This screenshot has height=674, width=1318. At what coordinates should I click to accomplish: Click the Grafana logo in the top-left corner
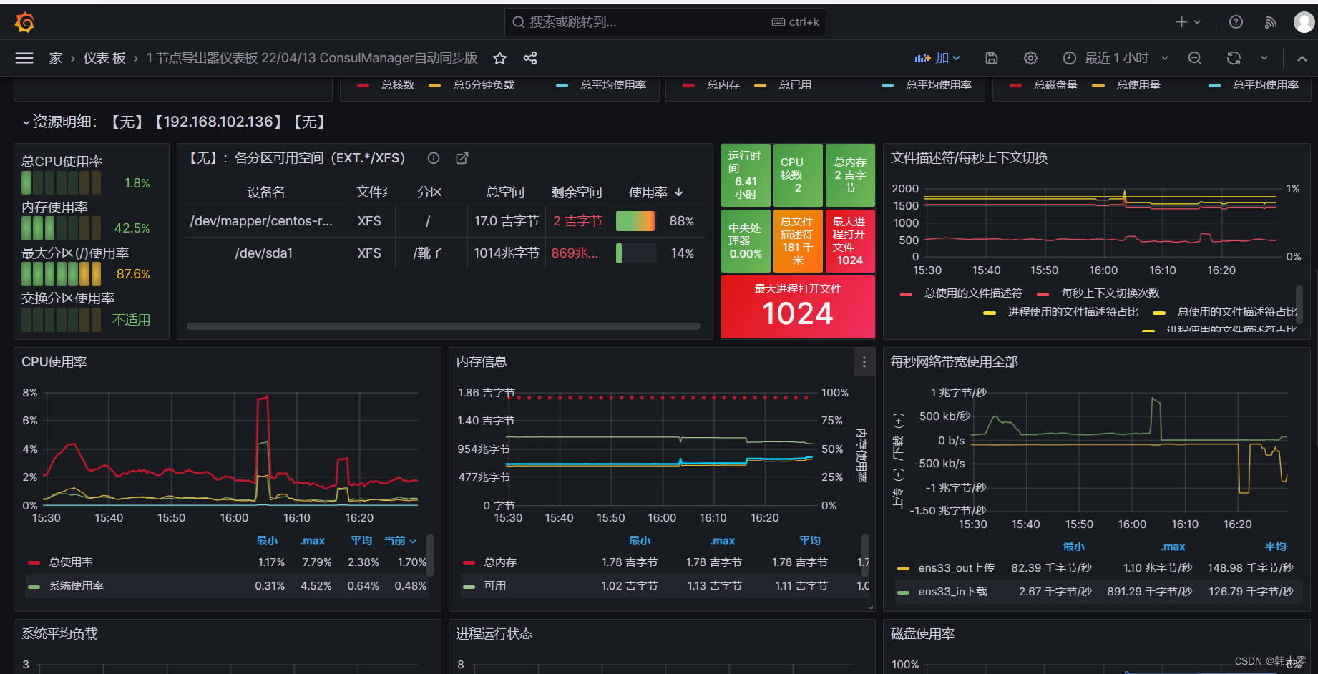click(x=24, y=22)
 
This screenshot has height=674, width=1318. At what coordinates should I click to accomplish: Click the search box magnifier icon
click(x=519, y=22)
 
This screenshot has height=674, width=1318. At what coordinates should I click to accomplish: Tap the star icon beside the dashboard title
click(x=499, y=58)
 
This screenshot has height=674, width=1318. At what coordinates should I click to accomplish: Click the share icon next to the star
click(x=530, y=58)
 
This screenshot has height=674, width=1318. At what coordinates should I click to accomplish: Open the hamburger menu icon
click(x=24, y=58)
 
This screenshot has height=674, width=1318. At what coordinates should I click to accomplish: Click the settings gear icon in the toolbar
click(x=1030, y=58)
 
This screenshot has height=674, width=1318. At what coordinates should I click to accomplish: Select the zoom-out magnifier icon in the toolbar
click(x=1195, y=58)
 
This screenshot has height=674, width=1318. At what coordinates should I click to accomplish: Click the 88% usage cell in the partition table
click(x=681, y=221)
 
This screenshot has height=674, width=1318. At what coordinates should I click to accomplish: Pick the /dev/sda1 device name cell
click(x=264, y=253)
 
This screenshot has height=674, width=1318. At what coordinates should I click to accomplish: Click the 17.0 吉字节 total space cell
click(x=506, y=221)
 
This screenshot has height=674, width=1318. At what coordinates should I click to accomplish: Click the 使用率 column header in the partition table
click(x=648, y=192)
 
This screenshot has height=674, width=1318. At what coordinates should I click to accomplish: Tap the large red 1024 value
click(x=798, y=313)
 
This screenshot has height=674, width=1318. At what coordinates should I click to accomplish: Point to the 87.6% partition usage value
click(x=133, y=274)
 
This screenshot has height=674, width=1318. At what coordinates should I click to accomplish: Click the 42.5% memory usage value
click(x=132, y=228)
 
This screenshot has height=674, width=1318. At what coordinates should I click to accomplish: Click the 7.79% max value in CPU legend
click(x=316, y=562)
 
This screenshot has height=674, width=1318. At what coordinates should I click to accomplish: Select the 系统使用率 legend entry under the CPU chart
click(x=76, y=586)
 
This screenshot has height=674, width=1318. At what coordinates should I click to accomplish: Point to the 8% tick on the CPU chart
click(x=30, y=393)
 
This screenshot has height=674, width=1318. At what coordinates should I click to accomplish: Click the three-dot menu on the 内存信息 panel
click(x=864, y=362)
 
